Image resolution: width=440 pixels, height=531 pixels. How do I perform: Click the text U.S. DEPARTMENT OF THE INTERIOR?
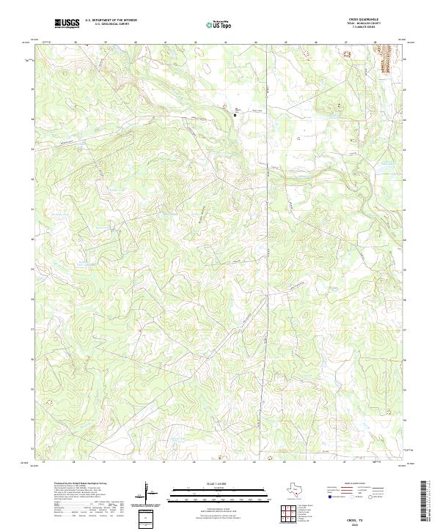[111, 21]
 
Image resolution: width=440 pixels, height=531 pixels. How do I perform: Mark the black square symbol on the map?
[235, 115]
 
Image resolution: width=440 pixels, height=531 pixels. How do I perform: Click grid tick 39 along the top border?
[105, 42]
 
